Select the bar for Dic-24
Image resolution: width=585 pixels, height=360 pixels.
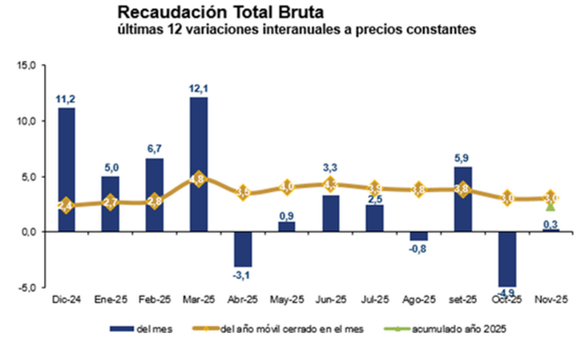67,169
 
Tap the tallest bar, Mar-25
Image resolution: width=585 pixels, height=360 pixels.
199,164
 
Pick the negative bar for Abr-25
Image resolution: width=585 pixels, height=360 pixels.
243,249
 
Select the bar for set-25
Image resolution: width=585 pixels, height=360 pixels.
464,199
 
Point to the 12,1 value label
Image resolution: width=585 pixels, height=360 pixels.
199,88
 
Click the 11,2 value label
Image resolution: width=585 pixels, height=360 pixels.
67,99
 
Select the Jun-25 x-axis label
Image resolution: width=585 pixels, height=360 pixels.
331,300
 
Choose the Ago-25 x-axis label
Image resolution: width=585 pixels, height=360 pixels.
419,300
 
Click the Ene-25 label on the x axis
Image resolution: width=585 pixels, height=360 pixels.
111,300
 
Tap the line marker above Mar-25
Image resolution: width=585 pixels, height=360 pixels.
199,179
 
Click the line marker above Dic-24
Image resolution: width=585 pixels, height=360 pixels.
67,205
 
